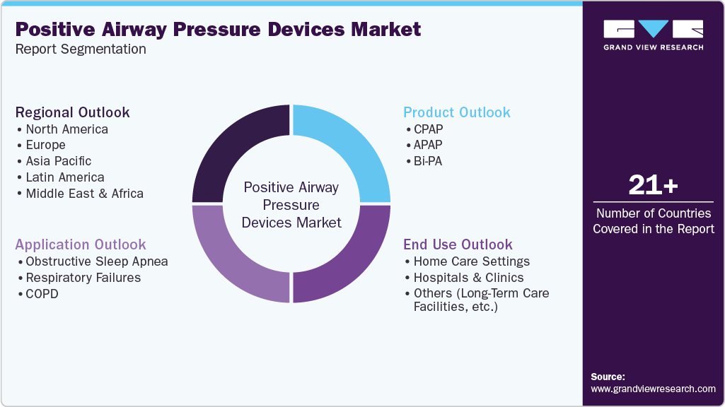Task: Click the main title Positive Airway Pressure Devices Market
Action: tap(218, 29)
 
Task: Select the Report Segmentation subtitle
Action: tap(81, 49)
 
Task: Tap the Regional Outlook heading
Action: tap(73, 112)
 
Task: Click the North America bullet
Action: tap(66, 129)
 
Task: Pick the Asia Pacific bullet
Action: tap(58, 161)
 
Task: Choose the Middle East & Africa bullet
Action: tap(84, 194)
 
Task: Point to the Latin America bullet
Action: tap(64, 177)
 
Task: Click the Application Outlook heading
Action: tap(81, 244)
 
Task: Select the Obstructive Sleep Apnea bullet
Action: tap(96, 261)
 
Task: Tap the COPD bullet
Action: tap(42, 293)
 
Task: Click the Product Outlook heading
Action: tap(456, 112)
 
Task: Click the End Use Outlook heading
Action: tap(458, 244)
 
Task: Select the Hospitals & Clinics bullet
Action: tap(468, 278)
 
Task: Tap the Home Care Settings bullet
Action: tap(471, 261)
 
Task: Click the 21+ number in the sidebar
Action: tap(653, 186)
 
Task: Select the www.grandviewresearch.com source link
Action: tap(653, 389)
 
